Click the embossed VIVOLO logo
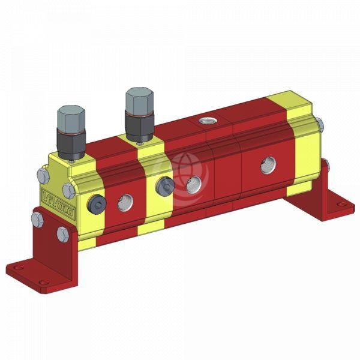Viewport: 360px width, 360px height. (55, 197)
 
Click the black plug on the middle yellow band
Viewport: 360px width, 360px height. (163, 188)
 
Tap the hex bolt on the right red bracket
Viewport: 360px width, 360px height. (325, 164)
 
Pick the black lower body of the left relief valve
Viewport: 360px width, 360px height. (71, 142)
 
